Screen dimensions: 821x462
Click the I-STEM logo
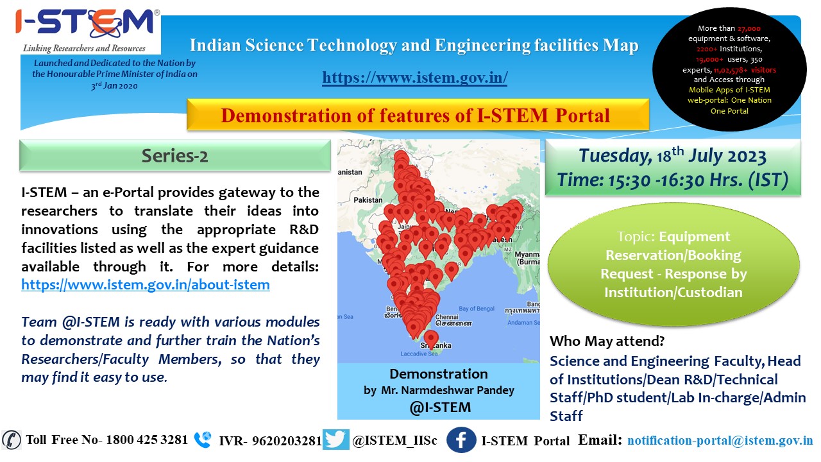pos(87,31)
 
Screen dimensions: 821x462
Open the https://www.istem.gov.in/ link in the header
pos(414,78)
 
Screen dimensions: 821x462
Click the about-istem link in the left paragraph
pos(146,284)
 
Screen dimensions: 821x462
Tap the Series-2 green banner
pos(175,155)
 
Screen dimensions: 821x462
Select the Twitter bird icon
pos(335,440)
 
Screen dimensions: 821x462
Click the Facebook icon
pos(461,440)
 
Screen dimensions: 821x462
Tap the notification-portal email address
pos(720,440)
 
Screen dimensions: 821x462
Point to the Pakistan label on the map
pos(368,200)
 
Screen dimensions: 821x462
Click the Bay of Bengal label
pos(477,309)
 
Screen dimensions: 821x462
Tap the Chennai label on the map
pos(447,317)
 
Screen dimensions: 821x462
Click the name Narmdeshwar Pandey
pos(458,390)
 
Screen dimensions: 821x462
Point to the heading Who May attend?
pos(607,341)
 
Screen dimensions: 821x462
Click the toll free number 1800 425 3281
pos(147,440)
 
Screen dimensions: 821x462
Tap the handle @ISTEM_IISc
pos(394,440)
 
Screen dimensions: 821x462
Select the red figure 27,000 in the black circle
pos(749,28)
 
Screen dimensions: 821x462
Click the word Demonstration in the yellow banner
pos(286,115)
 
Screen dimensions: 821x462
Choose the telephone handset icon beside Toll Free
pos(12,440)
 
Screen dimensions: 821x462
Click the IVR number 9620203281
pos(287,441)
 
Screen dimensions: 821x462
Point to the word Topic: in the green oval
pos(636,237)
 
